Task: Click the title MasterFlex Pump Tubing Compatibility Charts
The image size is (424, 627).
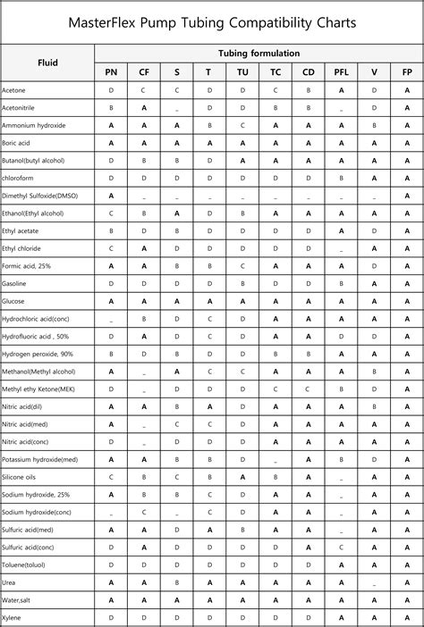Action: pyautogui.click(x=211, y=21)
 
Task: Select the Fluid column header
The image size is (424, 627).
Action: pyautogui.click(x=47, y=63)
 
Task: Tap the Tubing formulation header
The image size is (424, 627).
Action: pyautogui.click(x=259, y=54)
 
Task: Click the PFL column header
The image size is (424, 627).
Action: pyautogui.click(x=341, y=72)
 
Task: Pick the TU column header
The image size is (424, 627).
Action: pyautogui.click(x=242, y=72)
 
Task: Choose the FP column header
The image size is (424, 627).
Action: pyautogui.click(x=407, y=72)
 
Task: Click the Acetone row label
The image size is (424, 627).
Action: pyautogui.click(x=14, y=91)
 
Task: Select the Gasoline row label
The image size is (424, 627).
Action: pyautogui.click(x=15, y=283)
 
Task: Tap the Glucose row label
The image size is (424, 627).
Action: pyautogui.click(x=14, y=300)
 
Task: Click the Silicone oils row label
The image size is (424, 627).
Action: pyautogui.click(x=20, y=476)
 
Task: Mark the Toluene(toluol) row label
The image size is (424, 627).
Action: pyautogui.click(x=25, y=564)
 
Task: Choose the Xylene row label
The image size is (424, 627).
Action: pyautogui.click(x=13, y=617)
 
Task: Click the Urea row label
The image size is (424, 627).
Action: pyautogui.click(x=11, y=581)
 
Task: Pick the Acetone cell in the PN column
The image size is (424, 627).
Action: pyautogui.click(x=111, y=91)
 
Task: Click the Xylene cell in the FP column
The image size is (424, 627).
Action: pyautogui.click(x=407, y=617)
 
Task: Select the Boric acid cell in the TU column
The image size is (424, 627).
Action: pyautogui.click(x=242, y=143)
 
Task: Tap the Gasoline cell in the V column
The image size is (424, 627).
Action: pyautogui.click(x=374, y=283)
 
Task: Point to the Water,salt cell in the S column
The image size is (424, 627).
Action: pyautogui.click(x=177, y=599)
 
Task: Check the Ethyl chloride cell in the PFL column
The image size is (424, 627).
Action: pyautogui.click(x=341, y=248)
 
